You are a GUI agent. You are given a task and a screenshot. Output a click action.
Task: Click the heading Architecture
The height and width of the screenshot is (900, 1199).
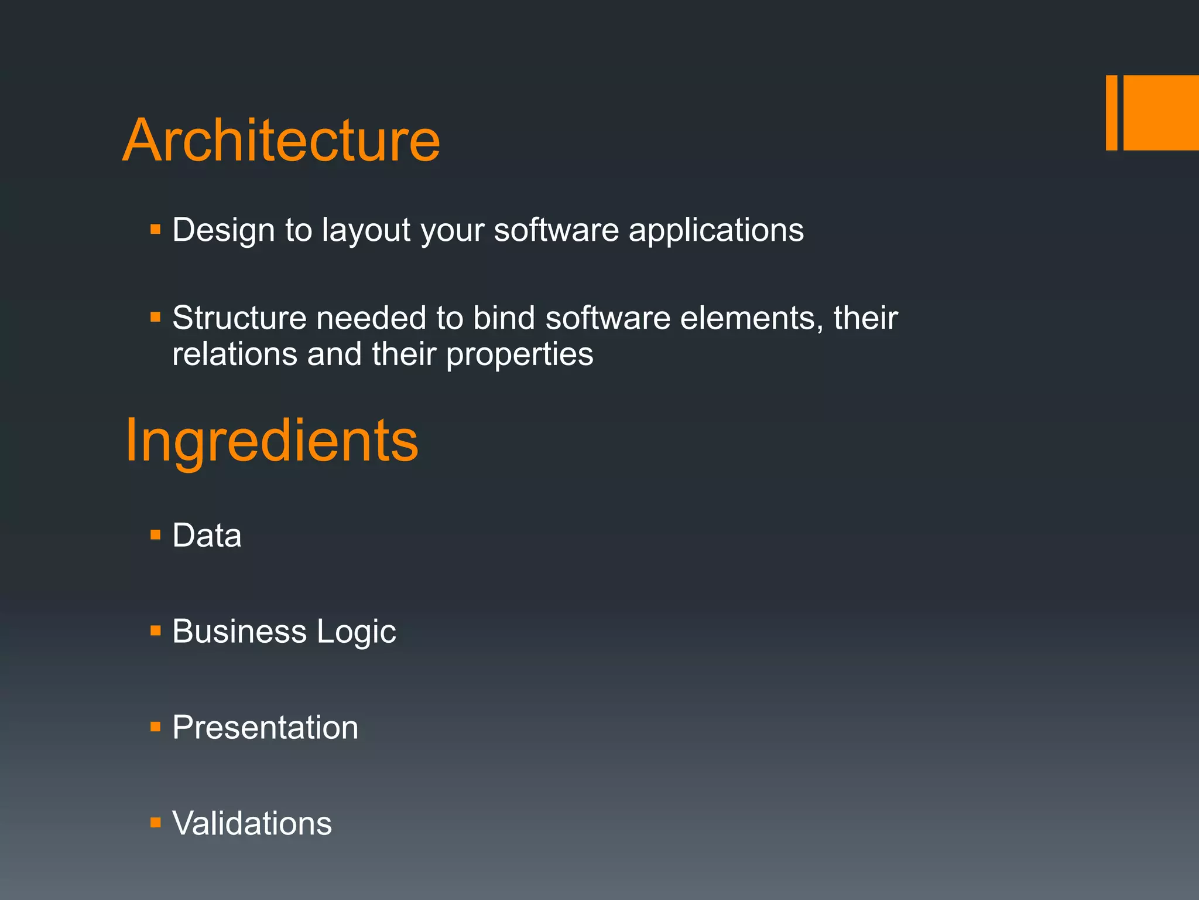tap(281, 141)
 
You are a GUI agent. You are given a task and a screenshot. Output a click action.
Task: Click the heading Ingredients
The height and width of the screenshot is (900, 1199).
tap(272, 441)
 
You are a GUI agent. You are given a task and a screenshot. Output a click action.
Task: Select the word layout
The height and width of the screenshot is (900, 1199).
tap(366, 230)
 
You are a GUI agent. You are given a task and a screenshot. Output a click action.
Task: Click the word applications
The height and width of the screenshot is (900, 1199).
tap(716, 230)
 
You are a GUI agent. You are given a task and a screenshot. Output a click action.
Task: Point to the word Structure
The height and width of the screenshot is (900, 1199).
tap(239, 318)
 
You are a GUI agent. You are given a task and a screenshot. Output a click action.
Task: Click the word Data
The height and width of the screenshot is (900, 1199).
tap(207, 536)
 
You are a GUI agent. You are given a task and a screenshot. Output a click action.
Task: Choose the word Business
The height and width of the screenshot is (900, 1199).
tap(239, 632)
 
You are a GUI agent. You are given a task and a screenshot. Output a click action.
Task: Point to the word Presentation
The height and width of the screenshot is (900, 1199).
tap(265, 728)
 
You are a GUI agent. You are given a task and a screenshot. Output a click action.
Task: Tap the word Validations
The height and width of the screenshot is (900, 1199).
tap(252, 823)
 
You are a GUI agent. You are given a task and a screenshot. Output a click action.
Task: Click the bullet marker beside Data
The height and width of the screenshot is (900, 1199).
tap(155, 535)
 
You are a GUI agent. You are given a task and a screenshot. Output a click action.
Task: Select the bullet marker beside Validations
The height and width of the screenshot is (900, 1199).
tap(155, 823)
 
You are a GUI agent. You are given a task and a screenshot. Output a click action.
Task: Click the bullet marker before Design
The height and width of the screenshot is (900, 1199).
tap(155, 229)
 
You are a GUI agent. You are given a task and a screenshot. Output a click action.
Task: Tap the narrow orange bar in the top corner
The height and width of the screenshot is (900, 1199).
tap(1111, 112)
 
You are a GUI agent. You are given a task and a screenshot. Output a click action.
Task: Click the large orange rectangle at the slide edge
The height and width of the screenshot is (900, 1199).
tap(1161, 112)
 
